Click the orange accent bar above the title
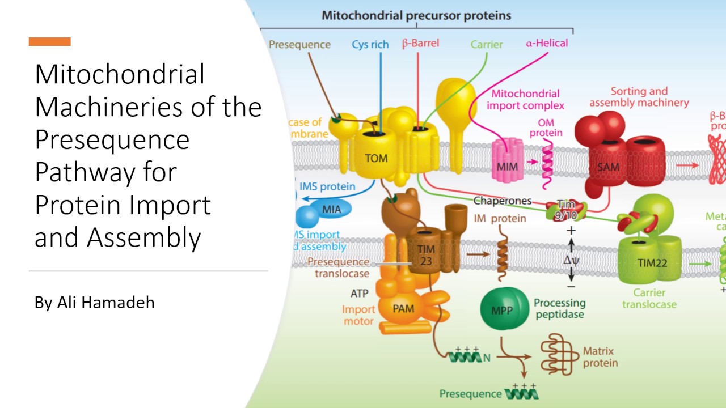pos(49,41)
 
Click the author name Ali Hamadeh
pos(94,303)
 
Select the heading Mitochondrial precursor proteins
pos(416,15)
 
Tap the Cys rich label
pos(370,44)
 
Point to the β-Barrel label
pos(420,43)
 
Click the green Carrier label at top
pos(487,44)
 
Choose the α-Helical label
pos(547,43)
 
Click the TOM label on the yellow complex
pos(376,158)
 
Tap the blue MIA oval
pos(332,210)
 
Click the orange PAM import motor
pos(404,309)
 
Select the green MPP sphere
pos(501,310)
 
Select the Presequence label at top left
pos(299,44)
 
